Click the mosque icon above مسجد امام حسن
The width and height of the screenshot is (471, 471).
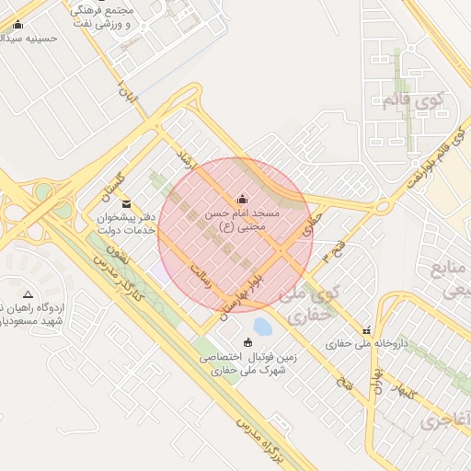[x=242, y=199]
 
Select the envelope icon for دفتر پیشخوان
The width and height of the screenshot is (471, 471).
[x=126, y=203]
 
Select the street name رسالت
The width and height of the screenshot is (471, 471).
[x=201, y=275]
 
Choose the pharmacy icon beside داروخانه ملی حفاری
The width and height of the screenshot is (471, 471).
[x=367, y=330]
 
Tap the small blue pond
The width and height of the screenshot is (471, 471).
[x=262, y=326]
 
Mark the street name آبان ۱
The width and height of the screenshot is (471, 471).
[x=124, y=92]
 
